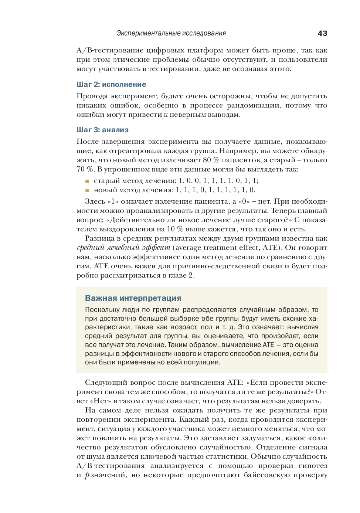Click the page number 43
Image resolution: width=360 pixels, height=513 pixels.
pyautogui.click(x=322, y=33)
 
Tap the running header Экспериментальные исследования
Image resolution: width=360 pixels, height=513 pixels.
pyautogui.click(x=171, y=33)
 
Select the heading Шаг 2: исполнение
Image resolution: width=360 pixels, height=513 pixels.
pyautogui.click(x=111, y=85)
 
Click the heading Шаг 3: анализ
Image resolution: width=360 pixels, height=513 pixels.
pyautogui.click(x=102, y=130)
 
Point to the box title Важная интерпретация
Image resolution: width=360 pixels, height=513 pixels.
pyautogui.click(x=133, y=298)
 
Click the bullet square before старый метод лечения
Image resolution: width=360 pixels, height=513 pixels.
pyautogui.click(x=87, y=181)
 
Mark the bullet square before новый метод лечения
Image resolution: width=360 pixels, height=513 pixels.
pyautogui.click(x=87, y=190)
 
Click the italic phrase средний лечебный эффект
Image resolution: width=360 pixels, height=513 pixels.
pyautogui.click(x=123, y=248)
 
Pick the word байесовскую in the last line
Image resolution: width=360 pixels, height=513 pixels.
pyautogui.click(x=266, y=475)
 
